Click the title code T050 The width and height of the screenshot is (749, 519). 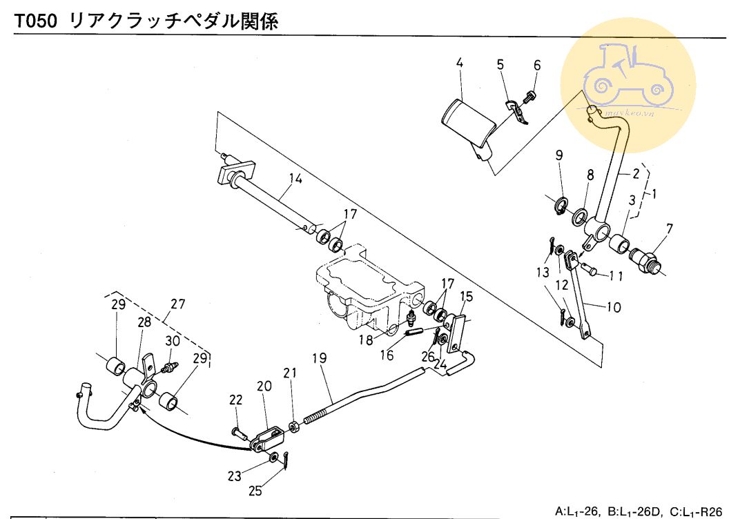click(x=37, y=21)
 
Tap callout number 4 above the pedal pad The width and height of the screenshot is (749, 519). click(x=459, y=64)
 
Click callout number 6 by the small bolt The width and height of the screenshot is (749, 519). click(x=537, y=66)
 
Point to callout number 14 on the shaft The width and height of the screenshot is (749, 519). click(x=295, y=179)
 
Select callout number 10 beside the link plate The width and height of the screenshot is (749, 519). click(x=614, y=307)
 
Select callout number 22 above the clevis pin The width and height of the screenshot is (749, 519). click(x=236, y=400)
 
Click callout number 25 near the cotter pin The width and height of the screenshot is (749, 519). click(x=256, y=491)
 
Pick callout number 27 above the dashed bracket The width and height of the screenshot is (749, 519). click(x=178, y=303)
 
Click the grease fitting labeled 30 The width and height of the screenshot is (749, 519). click(x=170, y=363)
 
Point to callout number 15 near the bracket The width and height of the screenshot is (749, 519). click(x=467, y=297)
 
